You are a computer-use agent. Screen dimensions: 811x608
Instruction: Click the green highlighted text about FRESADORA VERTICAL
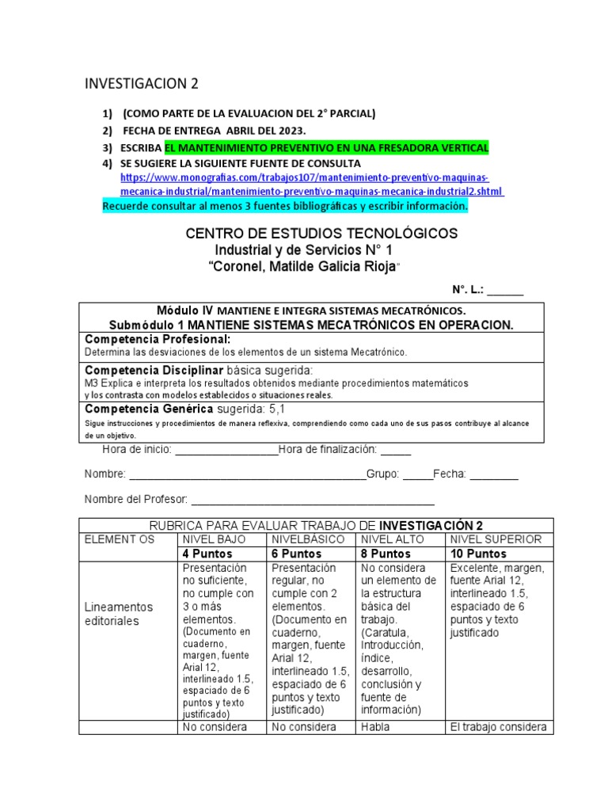(x=326, y=147)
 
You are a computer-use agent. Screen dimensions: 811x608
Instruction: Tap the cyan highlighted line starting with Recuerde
(x=285, y=207)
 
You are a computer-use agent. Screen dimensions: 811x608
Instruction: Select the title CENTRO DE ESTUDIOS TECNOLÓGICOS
(x=321, y=234)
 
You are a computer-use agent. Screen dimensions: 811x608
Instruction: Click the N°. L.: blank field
(x=504, y=291)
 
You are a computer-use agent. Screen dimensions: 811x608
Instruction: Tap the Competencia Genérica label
(x=148, y=409)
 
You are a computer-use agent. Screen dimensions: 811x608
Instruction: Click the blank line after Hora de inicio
(x=226, y=451)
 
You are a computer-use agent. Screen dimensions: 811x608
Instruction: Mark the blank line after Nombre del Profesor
(x=313, y=500)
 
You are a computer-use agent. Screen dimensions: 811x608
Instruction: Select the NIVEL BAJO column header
(x=214, y=539)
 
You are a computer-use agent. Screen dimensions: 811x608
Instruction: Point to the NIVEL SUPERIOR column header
(x=496, y=539)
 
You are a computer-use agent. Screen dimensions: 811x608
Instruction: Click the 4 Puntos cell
(x=207, y=554)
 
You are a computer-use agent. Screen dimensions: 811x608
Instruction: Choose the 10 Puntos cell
(x=477, y=554)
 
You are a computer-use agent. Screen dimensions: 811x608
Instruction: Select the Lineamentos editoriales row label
(x=119, y=614)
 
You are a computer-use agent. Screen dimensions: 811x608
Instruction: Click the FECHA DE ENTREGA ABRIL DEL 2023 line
(x=213, y=130)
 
